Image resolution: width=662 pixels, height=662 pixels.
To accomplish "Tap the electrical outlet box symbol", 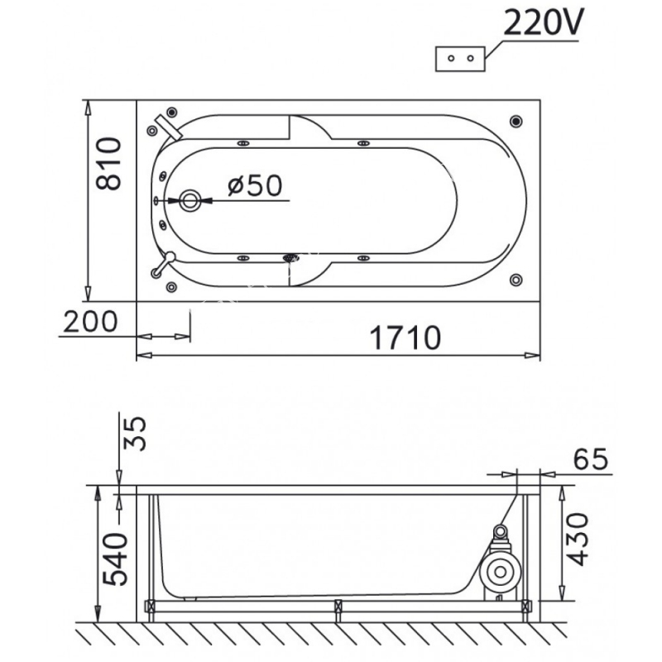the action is (x=460, y=59).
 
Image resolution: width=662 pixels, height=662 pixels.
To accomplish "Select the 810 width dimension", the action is (x=108, y=163).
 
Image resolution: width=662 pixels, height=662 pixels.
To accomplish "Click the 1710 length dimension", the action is (x=405, y=338).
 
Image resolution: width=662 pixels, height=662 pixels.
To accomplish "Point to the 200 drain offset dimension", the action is (x=90, y=321).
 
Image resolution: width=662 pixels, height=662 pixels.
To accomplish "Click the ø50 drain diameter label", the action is (x=255, y=185).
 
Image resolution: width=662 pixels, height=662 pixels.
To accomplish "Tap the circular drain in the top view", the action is (x=190, y=200).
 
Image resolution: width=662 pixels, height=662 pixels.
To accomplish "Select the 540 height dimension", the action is (x=115, y=559).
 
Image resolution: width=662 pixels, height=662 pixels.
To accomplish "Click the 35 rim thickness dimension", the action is (x=135, y=434).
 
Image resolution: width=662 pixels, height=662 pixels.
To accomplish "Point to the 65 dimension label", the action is (x=591, y=458).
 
